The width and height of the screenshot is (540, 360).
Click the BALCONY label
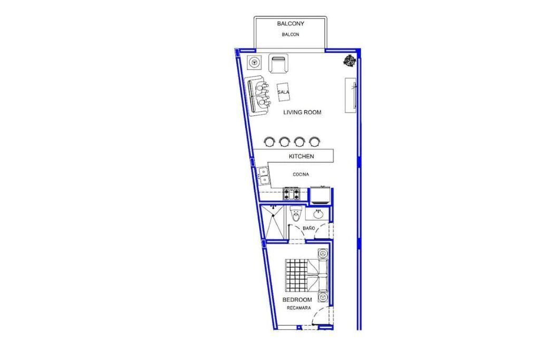(x=291, y=24)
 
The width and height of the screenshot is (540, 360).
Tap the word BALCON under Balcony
(x=291, y=34)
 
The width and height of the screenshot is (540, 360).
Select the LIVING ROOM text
(x=302, y=112)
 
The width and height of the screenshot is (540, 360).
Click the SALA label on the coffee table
(x=283, y=92)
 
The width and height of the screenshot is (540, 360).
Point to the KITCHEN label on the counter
(x=301, y=156)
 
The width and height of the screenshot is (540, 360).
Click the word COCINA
(x=301, y=174)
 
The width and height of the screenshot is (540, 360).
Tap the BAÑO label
(x=308, y=228)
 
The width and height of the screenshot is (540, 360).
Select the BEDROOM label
(x=297, y=300)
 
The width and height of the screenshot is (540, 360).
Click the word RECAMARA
(x=298, y=308)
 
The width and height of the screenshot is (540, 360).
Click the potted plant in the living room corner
(x=349, y=61)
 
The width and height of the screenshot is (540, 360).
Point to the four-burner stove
(x=291, y=194)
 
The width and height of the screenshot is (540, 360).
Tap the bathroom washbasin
(x=318, y=215)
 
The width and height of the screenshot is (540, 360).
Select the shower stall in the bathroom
(x=273, y=221)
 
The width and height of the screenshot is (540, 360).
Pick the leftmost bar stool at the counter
(x=269, y=141)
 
